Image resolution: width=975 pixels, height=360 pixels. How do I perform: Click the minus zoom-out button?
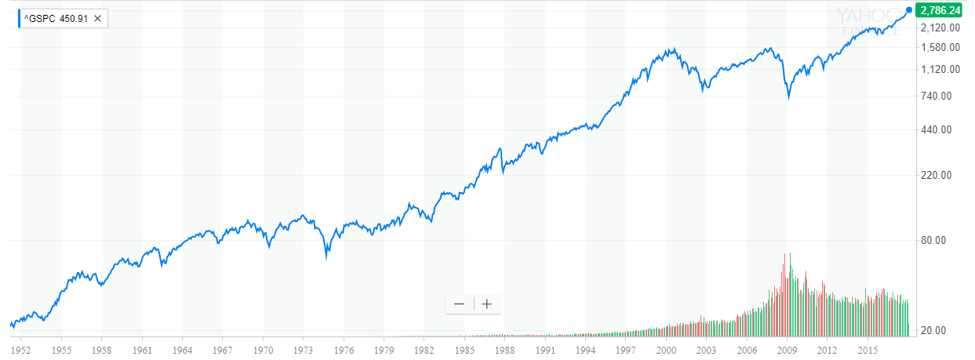(459, 304)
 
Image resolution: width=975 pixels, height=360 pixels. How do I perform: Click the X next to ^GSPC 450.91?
(99, 16)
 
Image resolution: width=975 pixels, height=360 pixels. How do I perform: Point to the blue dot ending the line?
(909, 10)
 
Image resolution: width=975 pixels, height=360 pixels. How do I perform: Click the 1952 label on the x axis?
(20, 347)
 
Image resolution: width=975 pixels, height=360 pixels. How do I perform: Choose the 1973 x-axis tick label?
(304, 347)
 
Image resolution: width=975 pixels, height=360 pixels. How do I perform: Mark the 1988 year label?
(505, 347)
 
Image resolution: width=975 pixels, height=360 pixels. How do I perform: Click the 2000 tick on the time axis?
(667, 347)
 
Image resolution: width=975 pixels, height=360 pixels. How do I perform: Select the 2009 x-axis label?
(788, 347)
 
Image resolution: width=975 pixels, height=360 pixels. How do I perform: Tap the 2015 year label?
(868, 347)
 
